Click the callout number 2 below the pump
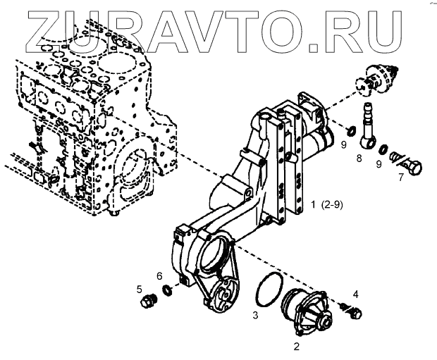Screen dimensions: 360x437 tap(296, 347)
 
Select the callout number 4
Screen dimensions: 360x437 tap(356, 293)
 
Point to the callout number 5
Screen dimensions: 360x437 tap(140, 289)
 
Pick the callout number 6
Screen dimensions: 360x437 tap(159, 275)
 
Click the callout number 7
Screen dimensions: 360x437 tap(400, 178)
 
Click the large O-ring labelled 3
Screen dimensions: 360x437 tap(267, 290)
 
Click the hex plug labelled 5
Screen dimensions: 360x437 tap(147, 303)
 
